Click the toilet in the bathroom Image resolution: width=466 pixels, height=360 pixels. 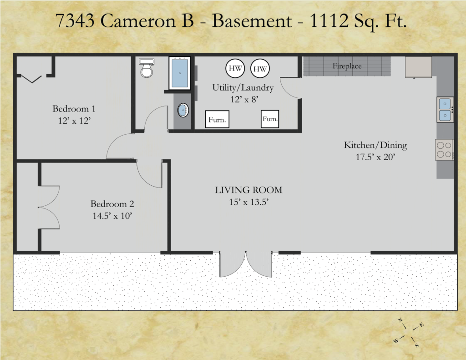tap(146, 68)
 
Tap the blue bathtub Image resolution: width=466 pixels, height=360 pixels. tap(179, 73)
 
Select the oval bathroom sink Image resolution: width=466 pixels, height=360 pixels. tap(183, 110)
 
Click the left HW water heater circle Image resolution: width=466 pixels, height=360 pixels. tap(235, 68)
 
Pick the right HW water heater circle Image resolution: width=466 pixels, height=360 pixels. tap(260, 69)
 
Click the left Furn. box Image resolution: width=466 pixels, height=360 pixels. tap(217, 119)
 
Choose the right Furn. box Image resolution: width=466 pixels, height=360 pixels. tap(270, 119)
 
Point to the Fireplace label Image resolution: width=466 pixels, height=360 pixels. tap(347, 66)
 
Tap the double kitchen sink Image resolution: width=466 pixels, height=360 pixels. tap(445, 109)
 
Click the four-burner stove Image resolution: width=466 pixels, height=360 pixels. tap(445, 150)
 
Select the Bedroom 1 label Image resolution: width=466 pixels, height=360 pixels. tap(74, 109)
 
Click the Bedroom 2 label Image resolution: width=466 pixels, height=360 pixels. tap(112, 204)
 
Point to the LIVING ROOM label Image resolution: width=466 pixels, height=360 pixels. tap(249, 190)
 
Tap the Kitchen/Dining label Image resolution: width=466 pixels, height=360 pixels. tap(375, 145)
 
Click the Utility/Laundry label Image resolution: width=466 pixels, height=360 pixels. tap(243, 88)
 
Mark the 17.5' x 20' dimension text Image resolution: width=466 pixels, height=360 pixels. tap(375, 157)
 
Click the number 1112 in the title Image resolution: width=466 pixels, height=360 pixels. tap(329, 21)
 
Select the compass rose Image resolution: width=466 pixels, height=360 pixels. tap(409, 333)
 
